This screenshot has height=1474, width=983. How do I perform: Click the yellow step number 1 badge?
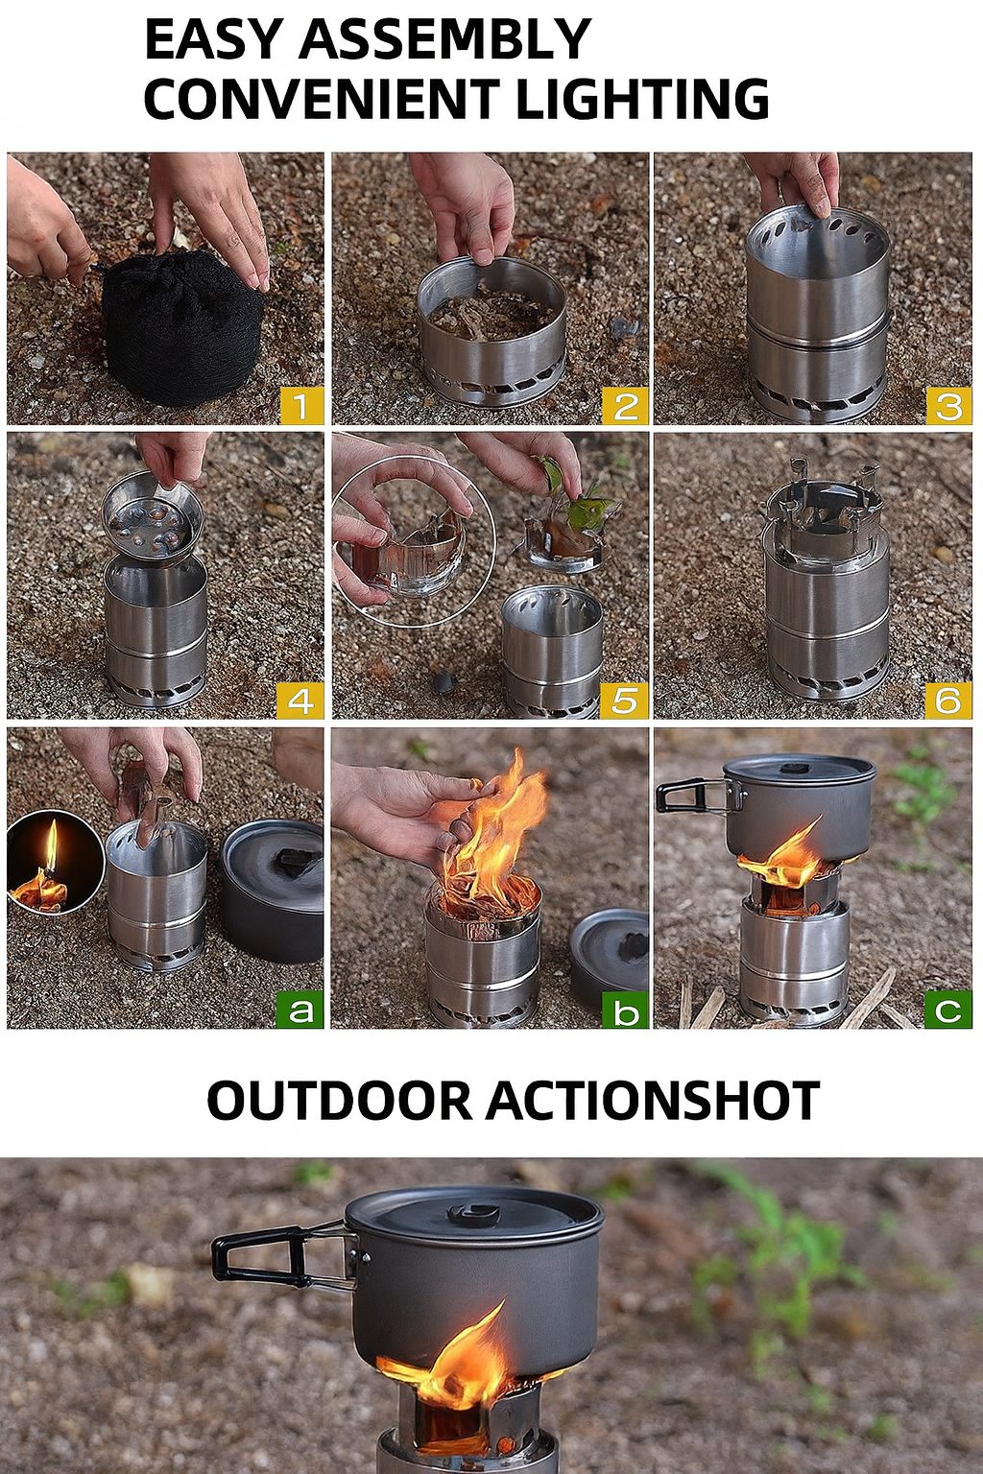[x=301, y=406]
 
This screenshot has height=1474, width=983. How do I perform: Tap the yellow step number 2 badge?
[x=626, y=406]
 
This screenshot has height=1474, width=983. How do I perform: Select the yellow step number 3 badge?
[x=948, y=406]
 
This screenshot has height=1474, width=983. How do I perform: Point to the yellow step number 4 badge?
[x=300, y=701]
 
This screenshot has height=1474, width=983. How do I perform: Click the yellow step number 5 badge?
[x=624, y=701]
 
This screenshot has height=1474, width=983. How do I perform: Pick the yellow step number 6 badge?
[x=948, y=701]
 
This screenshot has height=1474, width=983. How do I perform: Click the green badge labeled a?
[x=300, y=1010]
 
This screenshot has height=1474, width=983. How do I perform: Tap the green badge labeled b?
[x=626, y=1010]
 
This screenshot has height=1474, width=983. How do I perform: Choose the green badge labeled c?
[x=948, y=1010]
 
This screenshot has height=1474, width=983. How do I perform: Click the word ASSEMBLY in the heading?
[x=445, y=38]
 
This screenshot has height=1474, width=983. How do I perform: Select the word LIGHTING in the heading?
[x=642, y=98]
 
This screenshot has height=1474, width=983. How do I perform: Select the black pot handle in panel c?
[x=692, y=796]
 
